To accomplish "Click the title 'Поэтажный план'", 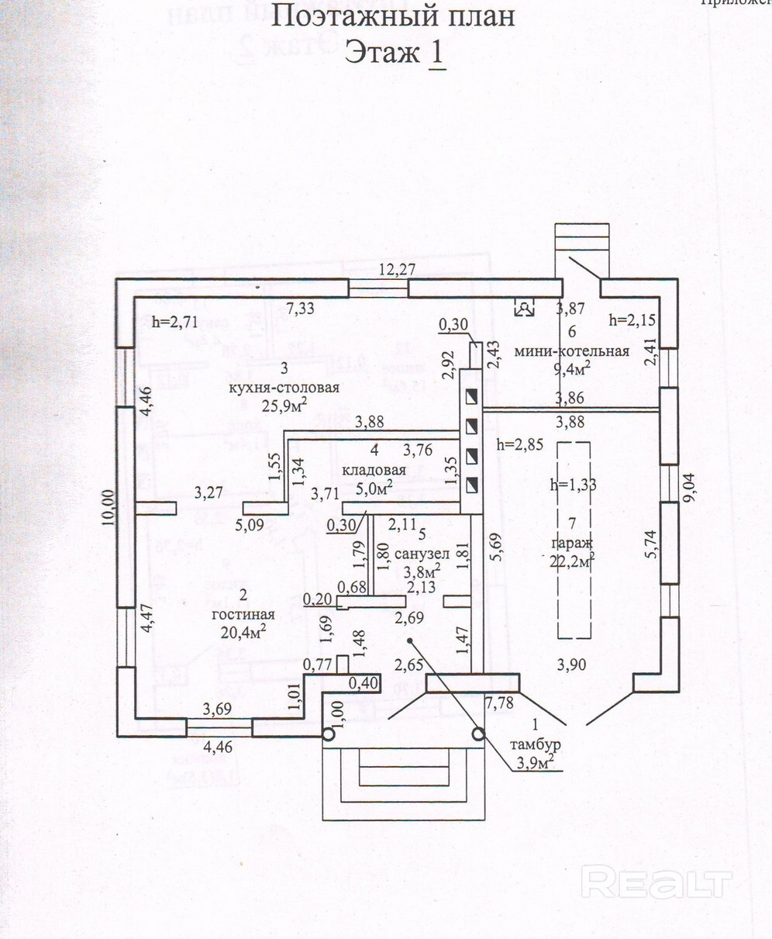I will click(394, 16).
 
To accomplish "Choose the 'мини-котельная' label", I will click(571, 351).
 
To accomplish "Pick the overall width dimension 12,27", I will click(398, 271).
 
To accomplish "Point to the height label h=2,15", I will click(633, 319).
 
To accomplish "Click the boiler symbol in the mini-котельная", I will click(526, 309).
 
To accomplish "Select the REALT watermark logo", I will click(656, 882).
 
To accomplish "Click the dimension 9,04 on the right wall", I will click(690, 487).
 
